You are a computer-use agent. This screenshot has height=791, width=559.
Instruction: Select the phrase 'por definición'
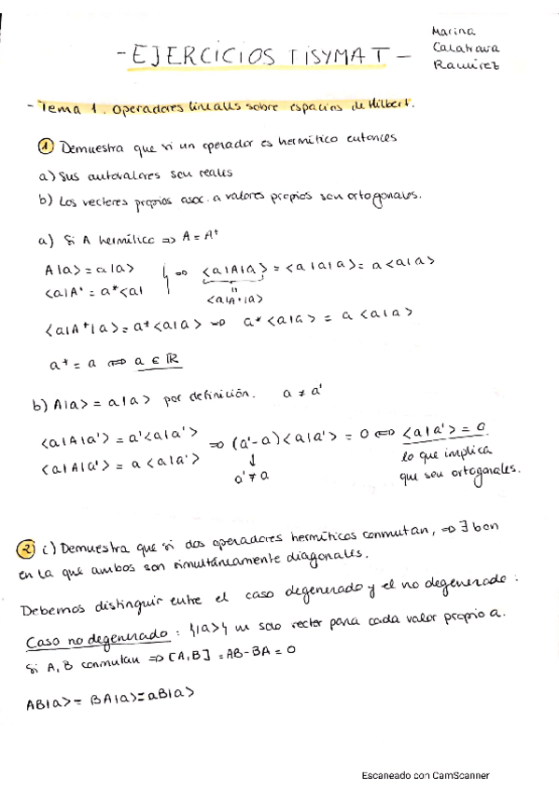pyautogui.click(x=207, y=395)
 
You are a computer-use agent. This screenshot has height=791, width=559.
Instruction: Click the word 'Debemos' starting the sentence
pyautogui.click(x=53, y=607)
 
